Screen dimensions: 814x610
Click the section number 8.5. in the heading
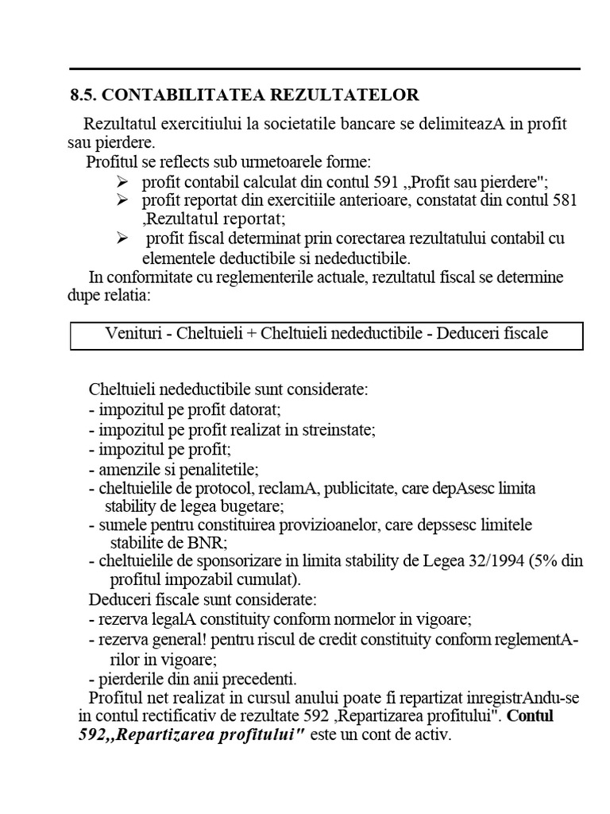tap(83, 95)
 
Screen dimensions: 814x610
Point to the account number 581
tap(564, 200)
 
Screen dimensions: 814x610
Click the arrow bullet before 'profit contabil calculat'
tap(122, 181)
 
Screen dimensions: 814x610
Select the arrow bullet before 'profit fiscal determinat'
tap(122, 238)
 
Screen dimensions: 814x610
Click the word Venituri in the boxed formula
tap(133, 333)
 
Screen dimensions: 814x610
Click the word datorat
tap(256, 410)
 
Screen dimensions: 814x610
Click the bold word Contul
tap(531, 716)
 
